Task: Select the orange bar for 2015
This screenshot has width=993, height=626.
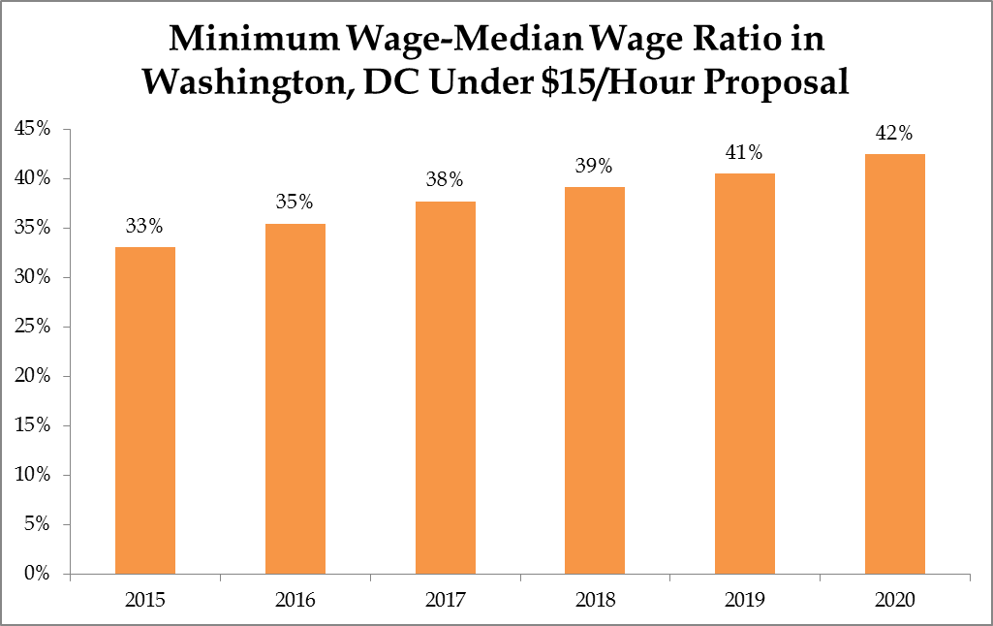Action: [x=145, y=411]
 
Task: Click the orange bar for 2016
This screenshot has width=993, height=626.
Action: [x=295, y=399]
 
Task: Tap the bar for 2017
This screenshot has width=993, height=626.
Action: [x=445, y=388]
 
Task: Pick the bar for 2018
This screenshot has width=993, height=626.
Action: [x=595, y=381]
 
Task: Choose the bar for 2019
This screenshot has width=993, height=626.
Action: [x=744, y=374]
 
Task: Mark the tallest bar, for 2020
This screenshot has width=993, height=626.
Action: [x=894, y=364]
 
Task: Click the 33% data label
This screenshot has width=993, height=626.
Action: [x=145, y=227]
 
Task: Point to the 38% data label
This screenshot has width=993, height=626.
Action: [x=445, y=180]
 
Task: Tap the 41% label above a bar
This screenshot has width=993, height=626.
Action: [x=744, y=152]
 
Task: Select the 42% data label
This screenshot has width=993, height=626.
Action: [x=894, y=133]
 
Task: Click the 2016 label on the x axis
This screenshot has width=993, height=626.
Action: [x=295, y=600]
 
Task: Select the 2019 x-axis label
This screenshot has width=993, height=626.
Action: [x=744, y=600]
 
